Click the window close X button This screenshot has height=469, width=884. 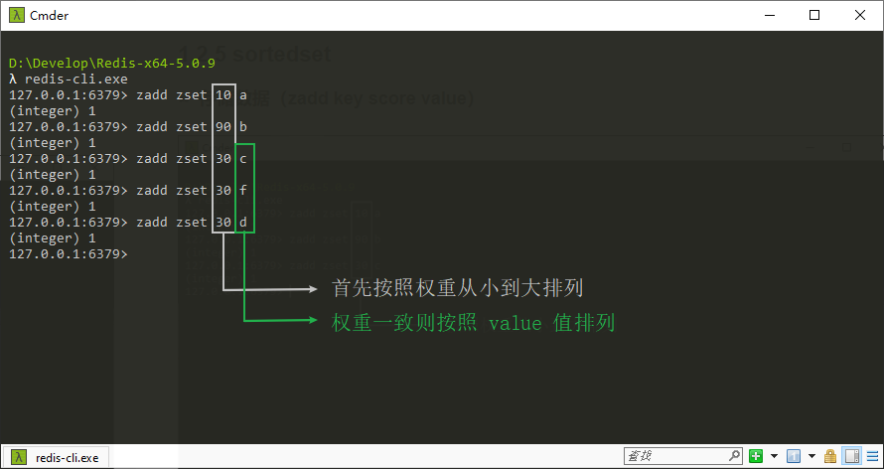[x=859, y=15]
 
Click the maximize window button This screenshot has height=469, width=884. [x=814, y=15]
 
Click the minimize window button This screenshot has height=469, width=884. [x=770, y=15]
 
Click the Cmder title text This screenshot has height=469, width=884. [x=48, y=15]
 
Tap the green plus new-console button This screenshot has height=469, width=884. [x=757, y=456]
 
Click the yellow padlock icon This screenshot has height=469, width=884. [x=830, y=456]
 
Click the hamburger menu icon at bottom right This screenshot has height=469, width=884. [x=872, y=456]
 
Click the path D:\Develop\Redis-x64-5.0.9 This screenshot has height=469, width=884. [x=111, y=63]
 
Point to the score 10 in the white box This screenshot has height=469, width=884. [x=223, y=94]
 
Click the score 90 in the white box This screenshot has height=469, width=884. [x=223, y=126]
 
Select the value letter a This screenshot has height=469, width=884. [x=243, y=94]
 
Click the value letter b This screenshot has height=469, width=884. [x=243, y=126]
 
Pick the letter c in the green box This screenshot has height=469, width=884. [x=243, y=158]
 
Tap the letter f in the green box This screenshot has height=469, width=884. [x=243, y=190]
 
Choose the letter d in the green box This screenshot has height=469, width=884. [x=243, y=222]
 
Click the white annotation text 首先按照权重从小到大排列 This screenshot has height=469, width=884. [x=457, y=288]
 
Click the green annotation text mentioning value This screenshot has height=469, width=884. [x=474, y=323]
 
